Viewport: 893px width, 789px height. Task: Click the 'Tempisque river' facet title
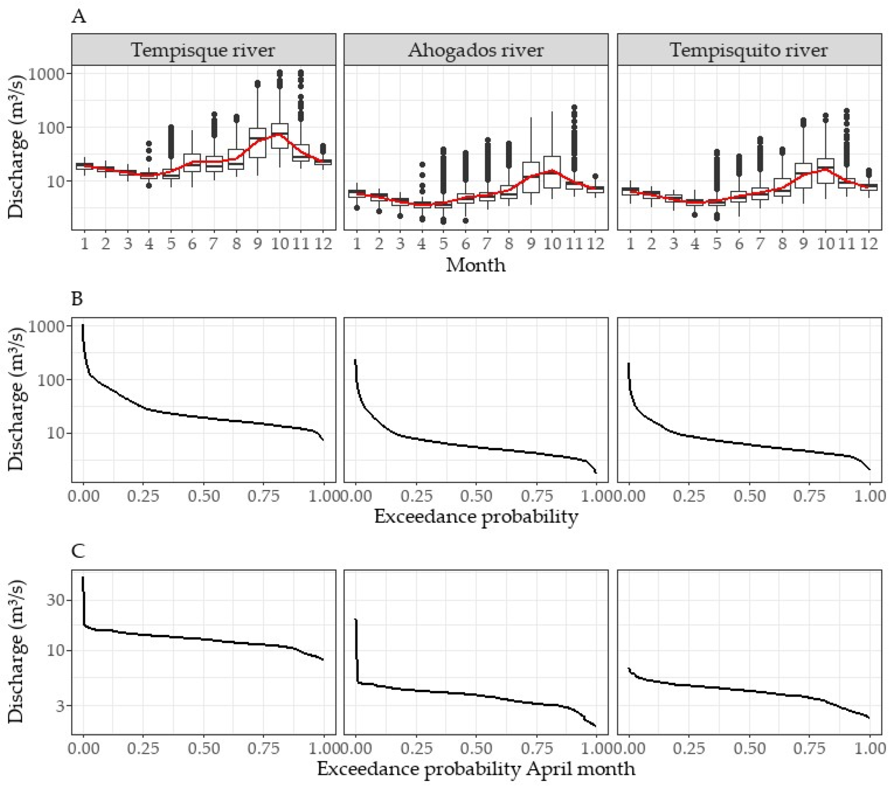pos(203,50)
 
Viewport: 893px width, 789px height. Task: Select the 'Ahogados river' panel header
pos(476,50)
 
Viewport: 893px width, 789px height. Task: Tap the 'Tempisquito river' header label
pos(749,50)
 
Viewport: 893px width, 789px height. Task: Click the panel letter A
pos(79,17)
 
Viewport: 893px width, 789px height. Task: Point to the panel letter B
pos(77,299)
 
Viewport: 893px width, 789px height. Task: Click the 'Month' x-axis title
pos(476,265)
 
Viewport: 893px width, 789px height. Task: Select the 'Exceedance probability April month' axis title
pos(476,769)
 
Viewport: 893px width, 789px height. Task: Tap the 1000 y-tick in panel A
pos(46,74)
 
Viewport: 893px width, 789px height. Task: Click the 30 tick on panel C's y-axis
pos(56,600)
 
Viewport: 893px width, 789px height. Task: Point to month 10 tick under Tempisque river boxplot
pos(280,244)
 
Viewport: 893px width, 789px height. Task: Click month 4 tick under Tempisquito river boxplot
pos(695,244)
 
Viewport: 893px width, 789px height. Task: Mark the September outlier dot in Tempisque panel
pos(257,84)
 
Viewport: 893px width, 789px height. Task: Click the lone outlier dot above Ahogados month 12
pos(595,177)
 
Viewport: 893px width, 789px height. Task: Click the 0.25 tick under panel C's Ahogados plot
pos(416,748)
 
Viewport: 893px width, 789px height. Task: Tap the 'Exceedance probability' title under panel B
pos(476,517)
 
